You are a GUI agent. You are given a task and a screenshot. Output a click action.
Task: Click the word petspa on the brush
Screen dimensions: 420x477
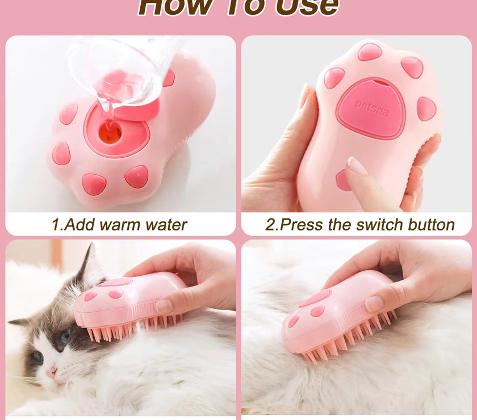tap(371, 108)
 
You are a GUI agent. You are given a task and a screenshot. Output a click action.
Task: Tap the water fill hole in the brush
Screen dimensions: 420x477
tap(110, 132)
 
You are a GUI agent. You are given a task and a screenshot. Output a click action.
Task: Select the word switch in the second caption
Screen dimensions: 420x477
tap(375, 225)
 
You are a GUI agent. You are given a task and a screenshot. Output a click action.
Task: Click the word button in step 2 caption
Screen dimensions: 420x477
tap(429, 225)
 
